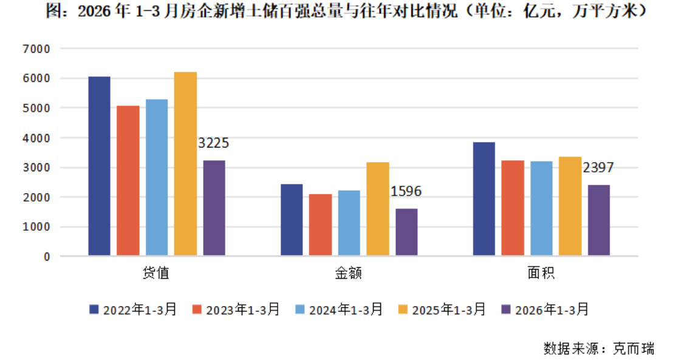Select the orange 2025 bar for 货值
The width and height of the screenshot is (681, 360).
[185, 164]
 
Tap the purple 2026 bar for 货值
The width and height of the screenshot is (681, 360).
[214, 208]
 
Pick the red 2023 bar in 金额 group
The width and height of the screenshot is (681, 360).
[320, 225]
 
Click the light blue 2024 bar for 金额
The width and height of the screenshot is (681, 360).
[349, 223]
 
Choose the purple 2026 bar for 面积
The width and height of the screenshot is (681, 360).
[598, 220]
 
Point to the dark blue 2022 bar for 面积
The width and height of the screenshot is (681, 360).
[484, 199]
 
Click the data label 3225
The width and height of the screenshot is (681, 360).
[214, 144]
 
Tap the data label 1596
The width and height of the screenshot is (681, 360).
[406, 192]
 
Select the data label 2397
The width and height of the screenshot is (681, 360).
[598, 168]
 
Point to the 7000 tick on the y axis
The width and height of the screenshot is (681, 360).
[38, 49]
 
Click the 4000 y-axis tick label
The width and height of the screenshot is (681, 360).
[38, 138]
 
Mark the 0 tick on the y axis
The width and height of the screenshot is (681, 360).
[47, 257]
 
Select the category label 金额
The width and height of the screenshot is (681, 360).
[349, 273]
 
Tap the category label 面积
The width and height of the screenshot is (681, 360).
[541, 273]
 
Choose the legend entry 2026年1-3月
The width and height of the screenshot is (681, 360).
[552, 310]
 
